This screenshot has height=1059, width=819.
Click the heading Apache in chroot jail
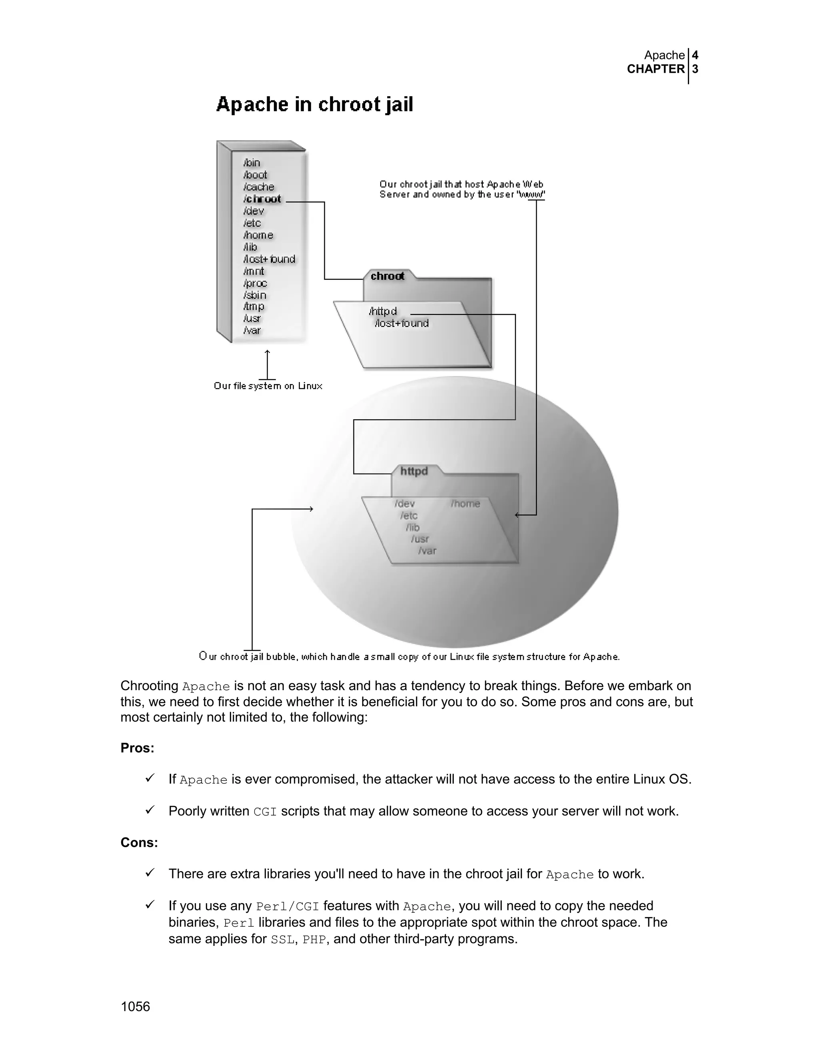[314, 105]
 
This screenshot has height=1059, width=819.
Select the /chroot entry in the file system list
[262, 199]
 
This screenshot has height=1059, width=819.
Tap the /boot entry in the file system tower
[255, 175]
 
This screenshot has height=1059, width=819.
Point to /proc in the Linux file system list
[255, 283]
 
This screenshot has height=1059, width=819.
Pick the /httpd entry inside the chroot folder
[383, 311]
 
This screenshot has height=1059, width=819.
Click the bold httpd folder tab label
[414, 471]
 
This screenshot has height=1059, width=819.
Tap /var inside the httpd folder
[427, 551]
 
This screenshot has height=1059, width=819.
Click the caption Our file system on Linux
[268, 386]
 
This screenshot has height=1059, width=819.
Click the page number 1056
[136, 1007]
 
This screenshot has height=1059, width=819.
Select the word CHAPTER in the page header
[655, 70]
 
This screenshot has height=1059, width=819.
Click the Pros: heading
[137, 748]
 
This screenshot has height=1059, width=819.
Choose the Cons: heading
[139, 843]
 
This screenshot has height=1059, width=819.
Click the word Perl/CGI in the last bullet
[287, 907]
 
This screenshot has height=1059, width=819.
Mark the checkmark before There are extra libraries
[150, 873]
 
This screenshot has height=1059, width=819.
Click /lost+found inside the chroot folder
[402, 323]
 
